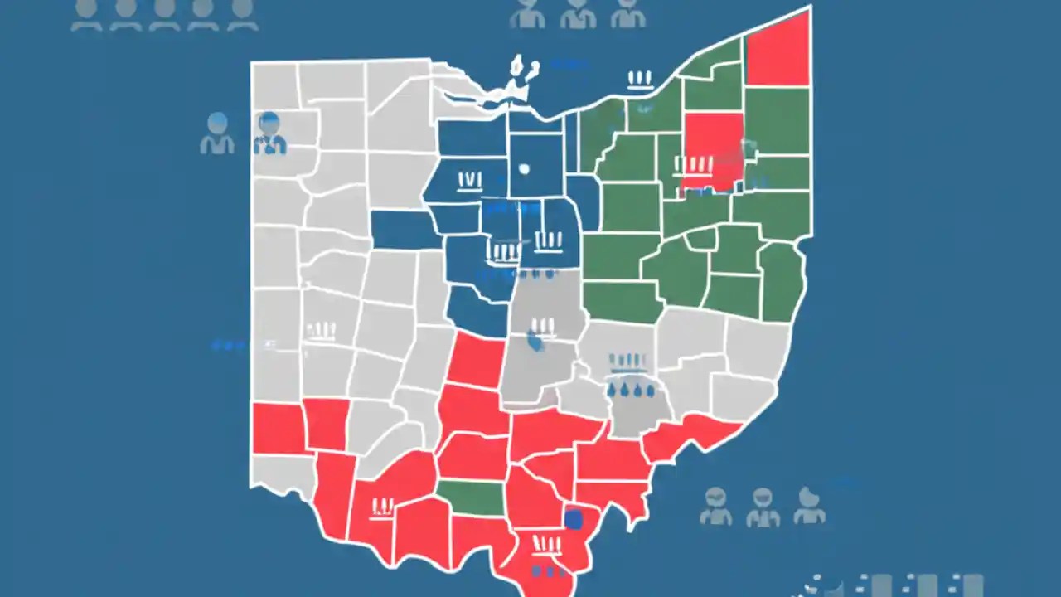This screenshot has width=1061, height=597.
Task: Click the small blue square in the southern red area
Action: pos(573,519)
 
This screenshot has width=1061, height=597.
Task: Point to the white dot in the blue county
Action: pos(524,168)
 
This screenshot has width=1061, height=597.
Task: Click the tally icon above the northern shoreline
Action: pos(639,80)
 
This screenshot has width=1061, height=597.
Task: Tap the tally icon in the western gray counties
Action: pos(321,332)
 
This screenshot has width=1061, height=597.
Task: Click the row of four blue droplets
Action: pos(631,389)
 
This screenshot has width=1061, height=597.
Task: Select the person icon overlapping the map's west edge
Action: pos(269,133)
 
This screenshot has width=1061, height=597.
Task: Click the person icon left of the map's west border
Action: pos(217,133)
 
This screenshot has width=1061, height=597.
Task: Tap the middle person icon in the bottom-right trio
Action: pos(763,507)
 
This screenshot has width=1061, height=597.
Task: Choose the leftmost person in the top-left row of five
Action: pos(86,14)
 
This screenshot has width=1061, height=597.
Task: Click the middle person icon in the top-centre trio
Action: pos(577,12)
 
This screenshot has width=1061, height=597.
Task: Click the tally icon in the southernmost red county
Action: pos(547,543)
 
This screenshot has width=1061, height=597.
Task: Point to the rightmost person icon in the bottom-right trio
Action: pos(809,505)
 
